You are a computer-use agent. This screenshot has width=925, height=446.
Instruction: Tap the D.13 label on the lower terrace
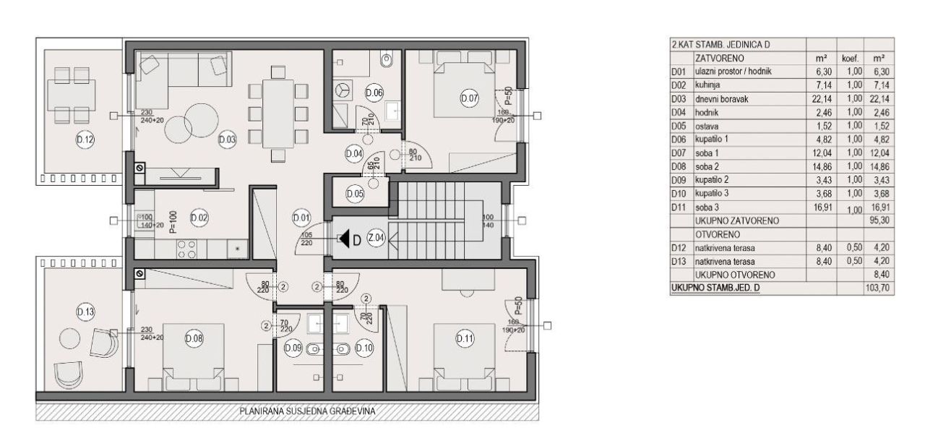pos(85,312)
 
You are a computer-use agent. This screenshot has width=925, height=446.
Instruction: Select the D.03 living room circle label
pos(226,140)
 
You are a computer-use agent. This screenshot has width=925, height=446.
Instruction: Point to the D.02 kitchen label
pos(198,218)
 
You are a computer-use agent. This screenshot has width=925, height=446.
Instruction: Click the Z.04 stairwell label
pos(375,239)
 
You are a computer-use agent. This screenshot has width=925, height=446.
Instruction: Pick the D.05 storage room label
pos(355,194)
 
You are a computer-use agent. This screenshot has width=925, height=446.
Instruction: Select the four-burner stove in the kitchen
pos(187,249)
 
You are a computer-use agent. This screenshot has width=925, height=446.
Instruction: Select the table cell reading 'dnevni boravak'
pos(748,98)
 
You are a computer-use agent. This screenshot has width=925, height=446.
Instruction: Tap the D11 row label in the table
pos(678,207)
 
